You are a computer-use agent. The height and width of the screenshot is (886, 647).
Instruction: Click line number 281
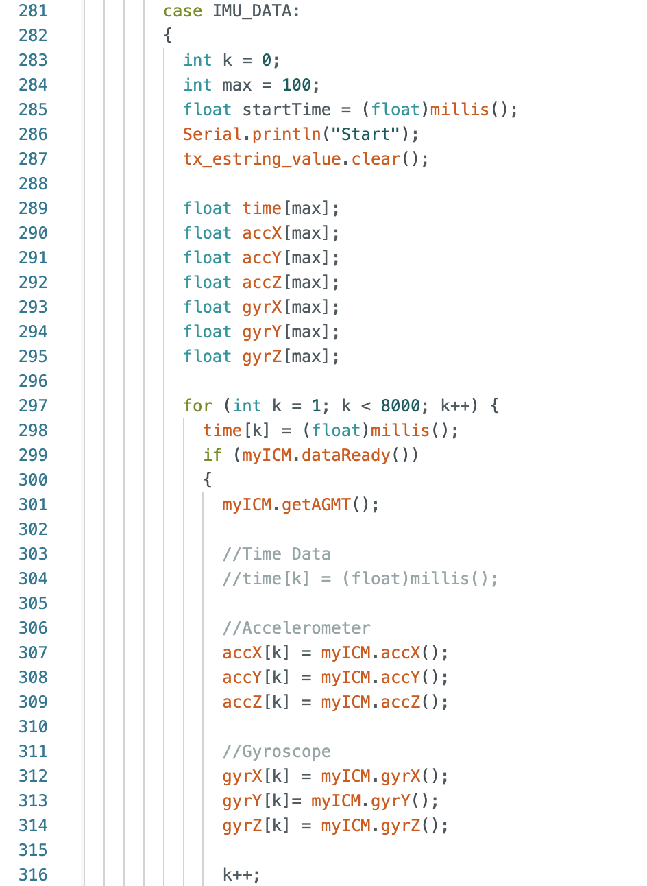point(33,11)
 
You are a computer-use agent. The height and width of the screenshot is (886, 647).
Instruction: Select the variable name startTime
point(286,110)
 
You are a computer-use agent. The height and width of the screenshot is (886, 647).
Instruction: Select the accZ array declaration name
point(262,283)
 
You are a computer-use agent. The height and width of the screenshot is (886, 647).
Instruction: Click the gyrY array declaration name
point(262,332)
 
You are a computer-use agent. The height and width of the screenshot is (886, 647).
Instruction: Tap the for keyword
point(197,406)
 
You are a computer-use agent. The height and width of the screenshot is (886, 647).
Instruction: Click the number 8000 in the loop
point(400,406)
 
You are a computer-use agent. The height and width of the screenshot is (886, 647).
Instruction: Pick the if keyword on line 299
point(212,455)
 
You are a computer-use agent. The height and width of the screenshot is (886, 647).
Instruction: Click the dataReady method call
point(345,455)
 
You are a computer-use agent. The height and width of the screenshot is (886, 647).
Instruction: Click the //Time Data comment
point(276,554)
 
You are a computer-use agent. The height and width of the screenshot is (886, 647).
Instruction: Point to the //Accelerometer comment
point(296,628)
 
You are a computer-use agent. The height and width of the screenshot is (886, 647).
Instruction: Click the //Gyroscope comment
point(276,752)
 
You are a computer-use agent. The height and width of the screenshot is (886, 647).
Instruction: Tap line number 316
point(33,875)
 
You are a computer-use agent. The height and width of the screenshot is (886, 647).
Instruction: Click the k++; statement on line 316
point(241,875)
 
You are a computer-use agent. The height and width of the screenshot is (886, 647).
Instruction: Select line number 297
point(33,406)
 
